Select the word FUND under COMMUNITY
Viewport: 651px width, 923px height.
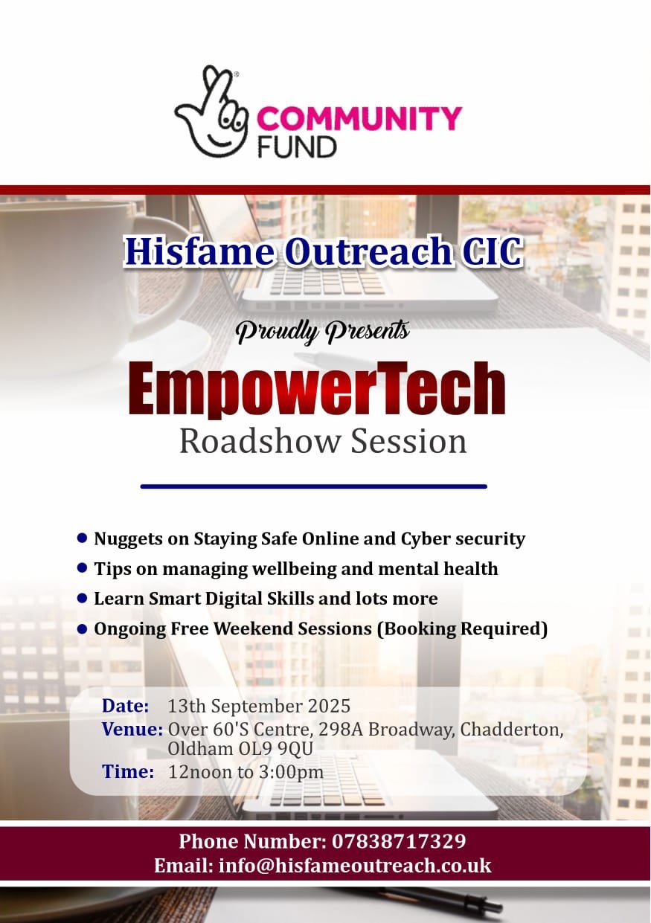tap(297, 146)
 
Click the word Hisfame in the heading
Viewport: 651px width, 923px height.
tap(198, 252)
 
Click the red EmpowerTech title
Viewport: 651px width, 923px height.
tap(317, 388)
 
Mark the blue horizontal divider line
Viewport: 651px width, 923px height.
tap(313, 486)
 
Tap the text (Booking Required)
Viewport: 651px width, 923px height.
tap(462, 628)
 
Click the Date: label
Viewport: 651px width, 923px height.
tap(126, 705)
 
